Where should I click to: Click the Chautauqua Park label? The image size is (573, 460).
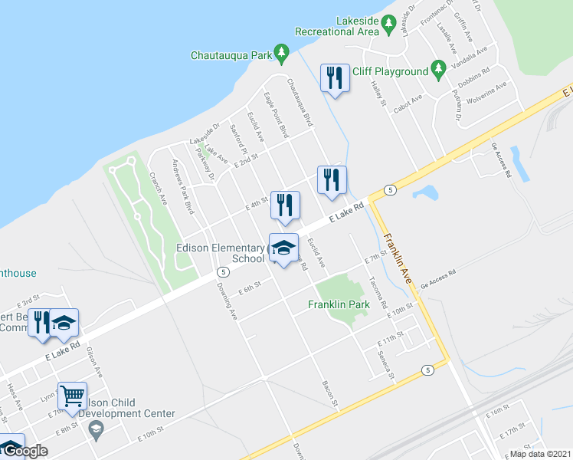(232, 55)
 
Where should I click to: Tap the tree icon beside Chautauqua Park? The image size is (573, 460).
(282, 52)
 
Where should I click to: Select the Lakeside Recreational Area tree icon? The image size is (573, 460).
(389, 25)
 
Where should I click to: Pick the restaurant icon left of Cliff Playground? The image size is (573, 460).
(335, 78)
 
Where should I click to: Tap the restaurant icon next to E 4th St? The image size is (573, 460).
(285, 205)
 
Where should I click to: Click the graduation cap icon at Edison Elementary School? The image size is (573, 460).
(283, 248)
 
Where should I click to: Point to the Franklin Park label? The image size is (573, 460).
(339, 304)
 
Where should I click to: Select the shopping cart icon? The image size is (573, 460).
(72, 396)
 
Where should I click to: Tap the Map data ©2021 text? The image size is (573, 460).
(540, 454)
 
